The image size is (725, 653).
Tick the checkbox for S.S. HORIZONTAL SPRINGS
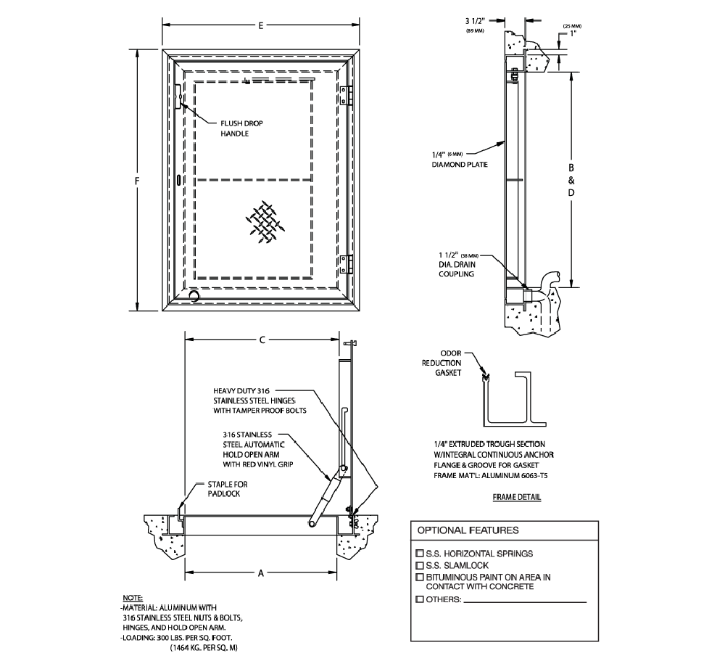[x=419, y=554]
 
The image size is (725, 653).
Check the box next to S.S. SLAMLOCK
[x=419, y=565]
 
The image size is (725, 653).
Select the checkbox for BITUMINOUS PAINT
[x=419, y=577]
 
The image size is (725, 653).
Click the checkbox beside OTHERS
[x=419, y=600]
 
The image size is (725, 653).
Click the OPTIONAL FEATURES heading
[x=468, y=530]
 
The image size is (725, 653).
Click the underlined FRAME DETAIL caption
[x=516, y=498]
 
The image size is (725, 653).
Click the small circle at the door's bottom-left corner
[x=194, y=295]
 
